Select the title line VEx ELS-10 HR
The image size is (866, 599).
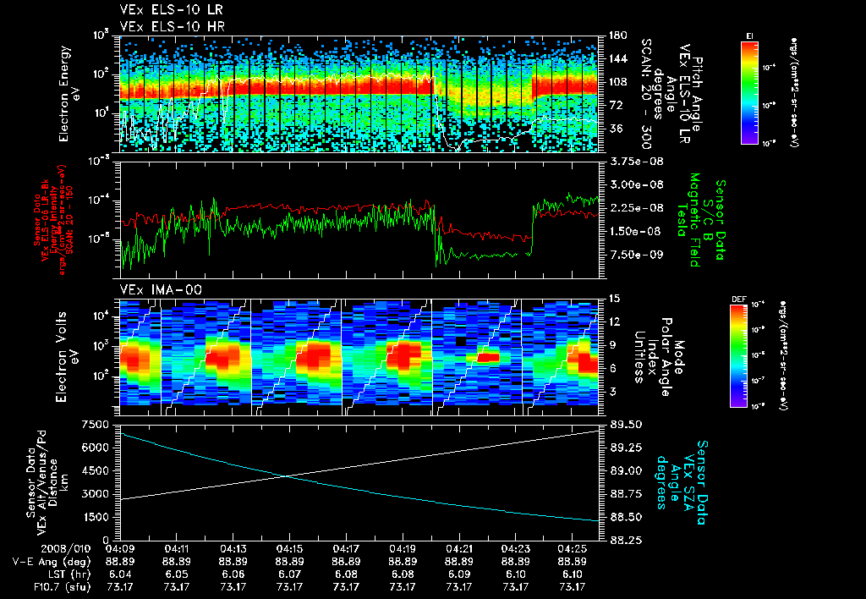pyautogui.click(x=165, y=26)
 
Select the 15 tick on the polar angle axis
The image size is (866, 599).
pyautogui.click(x=613, y=299)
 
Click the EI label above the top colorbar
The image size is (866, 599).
pyautogui.click(x=750, y=35)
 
